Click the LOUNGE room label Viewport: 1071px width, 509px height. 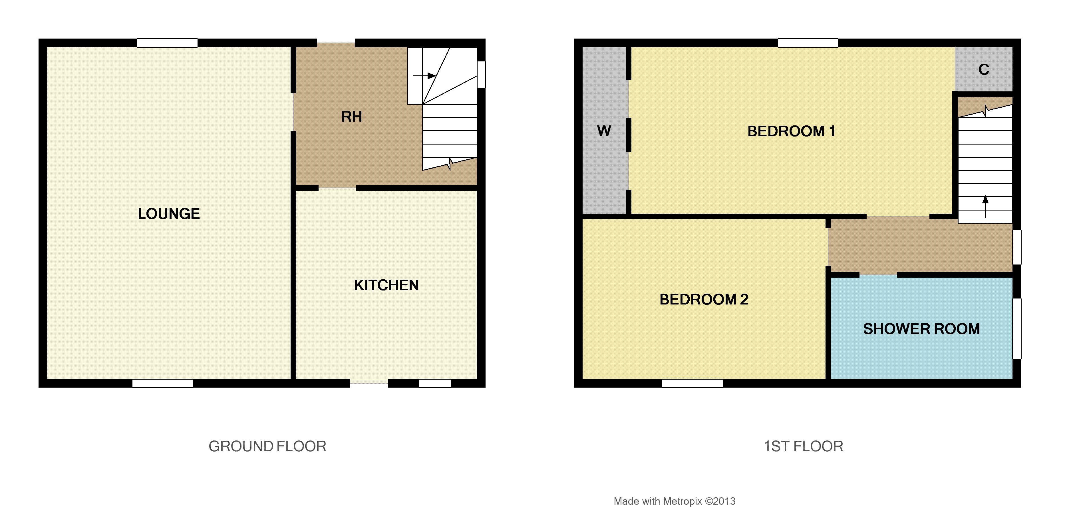click(x=169, y=214)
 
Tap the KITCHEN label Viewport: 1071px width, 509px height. click(x=386, y=285)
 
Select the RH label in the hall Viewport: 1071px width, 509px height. click(x=352, y=117)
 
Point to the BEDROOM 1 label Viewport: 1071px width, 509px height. click(x=791, y=131)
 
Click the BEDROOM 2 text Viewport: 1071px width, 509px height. click(x=704, y=299)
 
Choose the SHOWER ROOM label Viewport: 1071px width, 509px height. click(x=921, y=329)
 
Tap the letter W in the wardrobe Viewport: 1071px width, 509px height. click(x=604, y=131)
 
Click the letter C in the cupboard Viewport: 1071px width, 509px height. click(x=984, y=69)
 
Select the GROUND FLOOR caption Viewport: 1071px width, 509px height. click(x=267, y=446)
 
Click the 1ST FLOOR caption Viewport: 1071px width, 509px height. click(x=804, y=446)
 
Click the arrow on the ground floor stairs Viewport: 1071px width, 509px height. click(x=424, y=76)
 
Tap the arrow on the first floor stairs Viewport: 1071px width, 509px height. click(x=985, y=207)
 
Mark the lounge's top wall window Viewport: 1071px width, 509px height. click(x=167, y=43)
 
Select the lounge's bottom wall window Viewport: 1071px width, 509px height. click(x=163, y=383)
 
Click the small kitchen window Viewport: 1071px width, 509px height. click(x=435, y=383)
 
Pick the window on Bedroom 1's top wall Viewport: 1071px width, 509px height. click(x=808, y=43)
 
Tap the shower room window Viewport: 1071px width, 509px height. click(x=1016, y=329)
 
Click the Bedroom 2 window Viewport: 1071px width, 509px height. click(x=692, y=383)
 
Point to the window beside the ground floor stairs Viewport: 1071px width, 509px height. click(x=482, y=75)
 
